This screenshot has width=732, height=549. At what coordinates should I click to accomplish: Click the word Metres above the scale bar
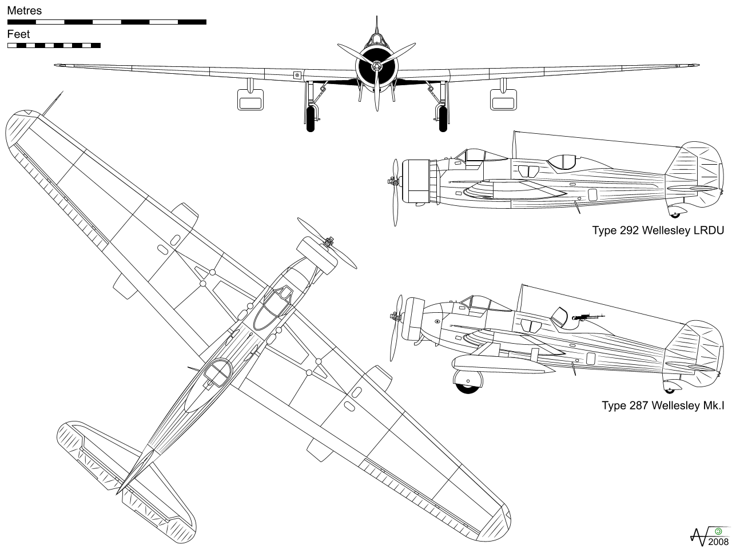coord(24,11)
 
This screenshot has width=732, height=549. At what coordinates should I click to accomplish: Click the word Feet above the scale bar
coord(18,34)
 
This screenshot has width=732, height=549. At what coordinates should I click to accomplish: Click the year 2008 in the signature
coord(718,542)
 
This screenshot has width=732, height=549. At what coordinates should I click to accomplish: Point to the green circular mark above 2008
coord(718,531)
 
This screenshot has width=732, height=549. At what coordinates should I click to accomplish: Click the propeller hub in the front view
coord(376,67)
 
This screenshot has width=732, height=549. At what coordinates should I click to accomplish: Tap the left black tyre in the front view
coord(311,118)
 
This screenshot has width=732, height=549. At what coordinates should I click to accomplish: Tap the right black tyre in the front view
coord(443,118)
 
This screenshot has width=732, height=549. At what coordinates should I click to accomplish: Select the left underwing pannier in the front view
coord(250,102)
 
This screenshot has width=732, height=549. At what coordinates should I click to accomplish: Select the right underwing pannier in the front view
coord(503,102)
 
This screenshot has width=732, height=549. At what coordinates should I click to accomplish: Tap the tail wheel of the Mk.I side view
coord(670,389)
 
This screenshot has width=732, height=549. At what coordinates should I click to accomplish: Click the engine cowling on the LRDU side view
coord(417,181)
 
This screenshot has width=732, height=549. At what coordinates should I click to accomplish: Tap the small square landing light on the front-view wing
coord(297,75)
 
